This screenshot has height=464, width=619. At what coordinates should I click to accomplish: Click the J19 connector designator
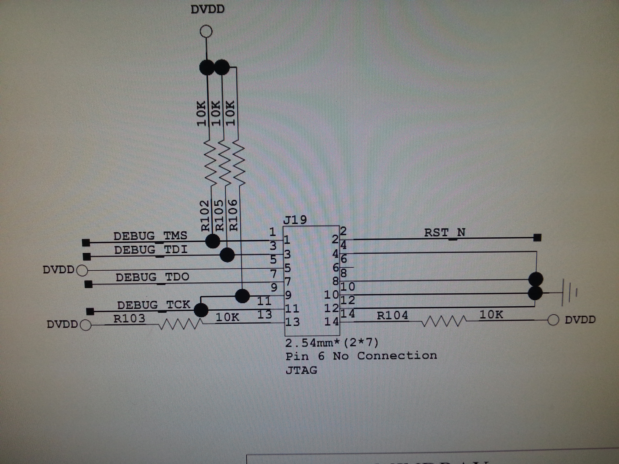(295, 220)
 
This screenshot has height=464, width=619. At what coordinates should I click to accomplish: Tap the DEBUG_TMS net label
(150, 236)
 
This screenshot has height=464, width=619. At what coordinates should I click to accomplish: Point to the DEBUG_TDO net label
(152, 277)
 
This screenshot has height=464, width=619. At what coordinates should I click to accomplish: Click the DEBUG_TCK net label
(154, 305)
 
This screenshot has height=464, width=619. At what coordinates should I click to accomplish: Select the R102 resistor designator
(205, 215)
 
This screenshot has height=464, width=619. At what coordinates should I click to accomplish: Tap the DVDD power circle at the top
(206, 31)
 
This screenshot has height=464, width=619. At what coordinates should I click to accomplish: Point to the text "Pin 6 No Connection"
(361, 356)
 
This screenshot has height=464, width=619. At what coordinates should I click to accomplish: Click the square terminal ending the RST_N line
(537, 238)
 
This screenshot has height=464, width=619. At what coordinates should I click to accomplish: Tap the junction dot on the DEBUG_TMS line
(213, 241)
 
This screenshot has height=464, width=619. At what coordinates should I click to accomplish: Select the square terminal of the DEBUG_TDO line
(88, 285)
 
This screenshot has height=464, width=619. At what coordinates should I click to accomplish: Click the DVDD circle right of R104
(553, 320)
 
